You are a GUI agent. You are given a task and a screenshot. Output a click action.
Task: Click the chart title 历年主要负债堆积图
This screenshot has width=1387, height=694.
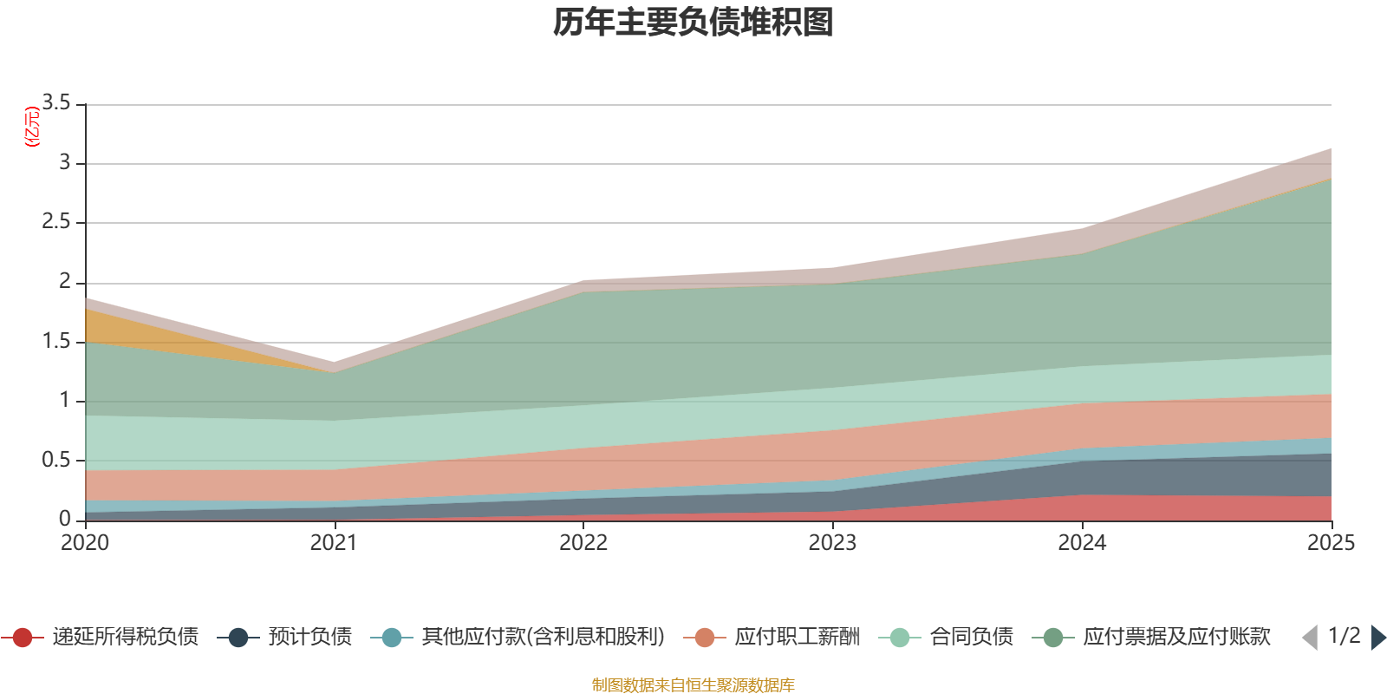pyautogui.click(x=693, y=23)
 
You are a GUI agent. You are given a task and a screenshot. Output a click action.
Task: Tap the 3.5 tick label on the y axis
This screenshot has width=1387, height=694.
pyautogui.click(x=56, y=102)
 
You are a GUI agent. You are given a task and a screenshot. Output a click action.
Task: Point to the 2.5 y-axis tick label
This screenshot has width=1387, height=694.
pyautogui.click(x=56, y=221)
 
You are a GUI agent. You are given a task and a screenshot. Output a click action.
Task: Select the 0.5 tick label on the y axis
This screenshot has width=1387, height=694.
pyautogui.click(x=56, y=460)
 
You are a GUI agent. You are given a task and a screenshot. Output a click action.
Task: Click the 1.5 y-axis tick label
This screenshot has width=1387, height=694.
pyautogui.click(x=56, y=341)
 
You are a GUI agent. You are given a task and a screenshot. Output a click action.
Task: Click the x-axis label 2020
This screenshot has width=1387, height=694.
pyautogui.click(x=85, y=543)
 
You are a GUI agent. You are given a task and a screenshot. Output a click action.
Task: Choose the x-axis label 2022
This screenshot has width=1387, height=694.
pyautogui.click(x=583, y=543)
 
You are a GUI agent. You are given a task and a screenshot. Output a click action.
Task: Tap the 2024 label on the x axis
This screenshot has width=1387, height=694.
pyautogui.click(x=1082, y=543)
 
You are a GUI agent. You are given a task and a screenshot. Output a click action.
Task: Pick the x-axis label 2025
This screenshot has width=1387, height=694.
pyautogui.click(x=1332, y=543)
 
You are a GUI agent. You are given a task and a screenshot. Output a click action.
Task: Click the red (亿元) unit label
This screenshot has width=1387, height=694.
pyautogui.click(x=32, y=127)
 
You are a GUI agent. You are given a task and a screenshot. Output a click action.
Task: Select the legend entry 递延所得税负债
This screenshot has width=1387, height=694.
pyautogui.click(x=101, y=637)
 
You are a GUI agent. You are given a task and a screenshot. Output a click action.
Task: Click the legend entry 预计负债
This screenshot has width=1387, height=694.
pyautogui.click(x=285, y=637)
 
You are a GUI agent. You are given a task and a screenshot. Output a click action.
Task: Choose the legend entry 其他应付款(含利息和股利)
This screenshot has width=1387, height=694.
pyautogui.click(x=518, y=637)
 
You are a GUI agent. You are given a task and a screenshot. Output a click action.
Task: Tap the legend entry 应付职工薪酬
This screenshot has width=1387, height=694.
pyautogui.click(x=772, y=637)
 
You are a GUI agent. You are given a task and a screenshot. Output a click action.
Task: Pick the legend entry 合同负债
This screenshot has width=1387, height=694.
pyautogui.click(x=946, y=637)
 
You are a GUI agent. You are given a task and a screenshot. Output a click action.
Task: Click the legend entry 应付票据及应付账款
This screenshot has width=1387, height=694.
pyautogui.click(x=1152, y=637)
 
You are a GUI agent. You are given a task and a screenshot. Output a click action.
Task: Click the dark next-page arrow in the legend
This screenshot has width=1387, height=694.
pyautogui.click(x=1378, y=637)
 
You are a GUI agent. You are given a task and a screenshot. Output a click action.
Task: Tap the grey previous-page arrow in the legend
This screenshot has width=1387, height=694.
pyautogui.click(x=1310, y=637)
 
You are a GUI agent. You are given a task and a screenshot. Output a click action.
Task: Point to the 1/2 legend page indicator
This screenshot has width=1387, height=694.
pyautogui.click(x=1345, y=636)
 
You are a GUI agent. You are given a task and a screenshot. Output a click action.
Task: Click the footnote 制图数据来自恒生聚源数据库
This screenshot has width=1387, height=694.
pyautogui.click(x=693, y=684)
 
